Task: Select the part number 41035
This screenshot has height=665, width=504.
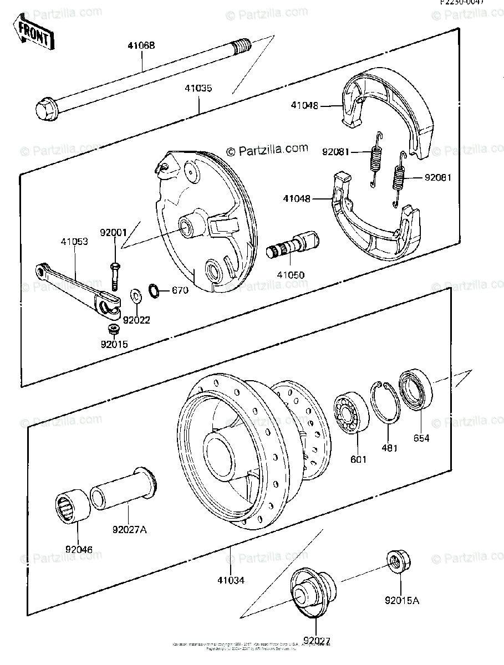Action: tap(199, 88)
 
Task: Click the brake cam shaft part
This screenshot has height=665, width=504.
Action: tap(294, 245)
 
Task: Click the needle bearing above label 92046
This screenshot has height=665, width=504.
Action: tap(73, 505)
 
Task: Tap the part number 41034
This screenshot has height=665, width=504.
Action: tap(231, 580)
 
